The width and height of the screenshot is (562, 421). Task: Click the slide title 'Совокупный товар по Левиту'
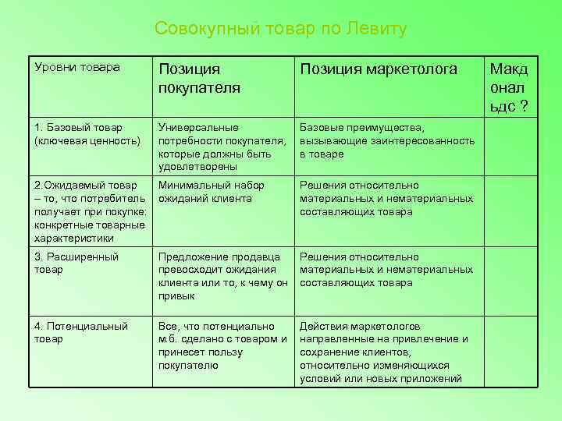coord(280,30)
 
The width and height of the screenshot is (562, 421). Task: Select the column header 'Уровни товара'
coord(77,68)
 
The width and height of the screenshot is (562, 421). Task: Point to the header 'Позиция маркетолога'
coord(379,69)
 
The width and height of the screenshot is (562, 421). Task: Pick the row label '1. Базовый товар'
coord(77,127)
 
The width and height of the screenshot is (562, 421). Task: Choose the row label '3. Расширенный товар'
coord(76,263)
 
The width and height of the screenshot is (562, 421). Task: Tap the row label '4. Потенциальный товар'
coord(81,333)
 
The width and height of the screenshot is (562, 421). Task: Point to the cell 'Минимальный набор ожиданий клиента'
coord(211,192)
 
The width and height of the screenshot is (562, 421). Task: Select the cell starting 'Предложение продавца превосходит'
coord(222,276)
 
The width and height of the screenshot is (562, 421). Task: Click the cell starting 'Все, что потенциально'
coord(222,345)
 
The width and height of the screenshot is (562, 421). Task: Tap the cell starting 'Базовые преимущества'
coord(387,140)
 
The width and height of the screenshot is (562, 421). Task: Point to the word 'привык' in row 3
coord(176,296)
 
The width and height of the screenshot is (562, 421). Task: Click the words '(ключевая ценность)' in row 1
coord(87,140)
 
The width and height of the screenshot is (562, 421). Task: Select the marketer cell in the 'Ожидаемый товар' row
coord(386,198)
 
